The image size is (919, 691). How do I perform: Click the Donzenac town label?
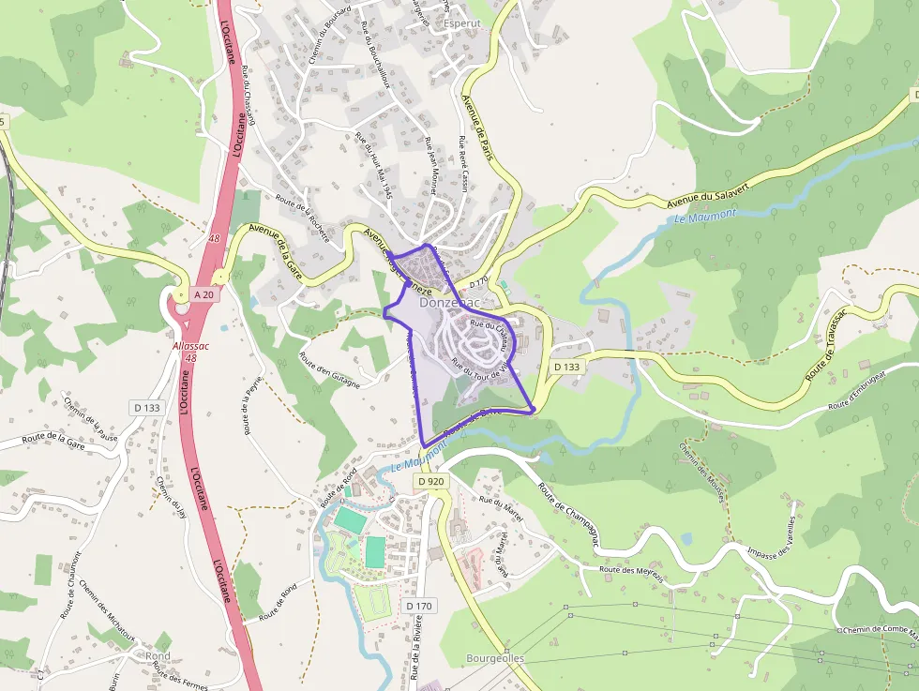pos(450,303)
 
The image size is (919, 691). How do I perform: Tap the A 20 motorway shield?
pos(203,294)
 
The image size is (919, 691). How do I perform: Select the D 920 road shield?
pos(431,481)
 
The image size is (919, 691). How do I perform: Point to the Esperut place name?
pos(461,23)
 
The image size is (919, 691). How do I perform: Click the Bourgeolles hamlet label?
pos(494,658)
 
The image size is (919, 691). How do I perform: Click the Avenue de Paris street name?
pos(477,128)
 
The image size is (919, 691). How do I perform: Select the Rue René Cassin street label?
pos(463,164)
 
